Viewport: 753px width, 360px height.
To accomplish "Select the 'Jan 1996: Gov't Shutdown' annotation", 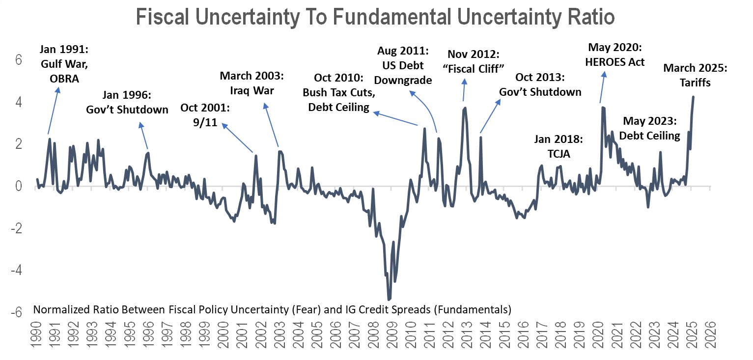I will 127,102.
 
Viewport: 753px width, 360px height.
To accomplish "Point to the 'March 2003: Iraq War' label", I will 252,83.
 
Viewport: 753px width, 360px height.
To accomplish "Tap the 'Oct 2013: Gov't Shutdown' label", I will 540,85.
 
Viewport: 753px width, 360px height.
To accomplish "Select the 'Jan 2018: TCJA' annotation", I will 558,147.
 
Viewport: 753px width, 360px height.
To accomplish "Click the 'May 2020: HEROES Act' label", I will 616,55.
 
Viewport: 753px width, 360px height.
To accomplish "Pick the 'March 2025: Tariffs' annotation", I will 696,76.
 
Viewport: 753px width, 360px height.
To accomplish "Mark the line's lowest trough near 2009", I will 389,299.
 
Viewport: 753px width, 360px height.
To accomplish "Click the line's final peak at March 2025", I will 693,97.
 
